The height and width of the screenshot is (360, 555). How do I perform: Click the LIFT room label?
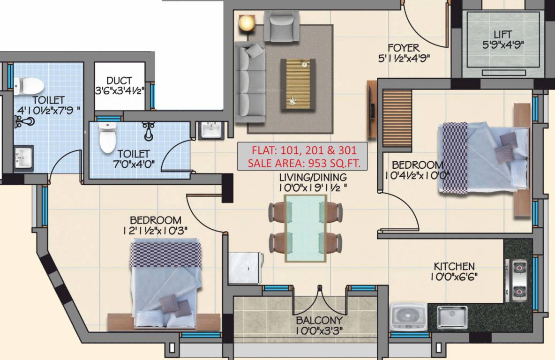(502, 34)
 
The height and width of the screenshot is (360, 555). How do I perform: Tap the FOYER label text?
(403, 48)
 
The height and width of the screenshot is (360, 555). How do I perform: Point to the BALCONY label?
(319, 321)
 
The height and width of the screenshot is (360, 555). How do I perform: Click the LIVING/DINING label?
(313, 178)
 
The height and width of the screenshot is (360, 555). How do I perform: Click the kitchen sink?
(452, 317)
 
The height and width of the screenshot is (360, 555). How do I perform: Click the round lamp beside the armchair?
(247, 22)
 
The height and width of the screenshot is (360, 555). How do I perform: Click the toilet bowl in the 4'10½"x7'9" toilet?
(29, 86)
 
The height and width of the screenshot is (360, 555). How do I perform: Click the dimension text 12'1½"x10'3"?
(155, 230)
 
